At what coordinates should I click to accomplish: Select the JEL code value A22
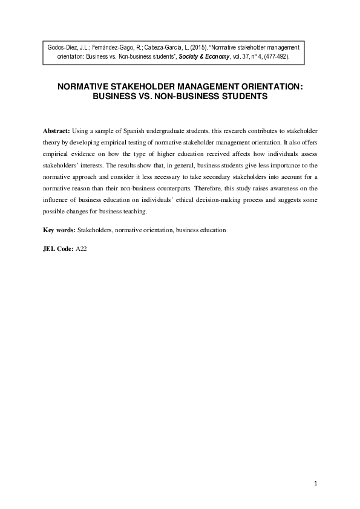tap(82, 248)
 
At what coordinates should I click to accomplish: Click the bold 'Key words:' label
tap(59, 231)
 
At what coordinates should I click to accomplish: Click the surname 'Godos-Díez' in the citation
tap(62, 46)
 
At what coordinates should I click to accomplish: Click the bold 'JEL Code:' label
tap(59, 248)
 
